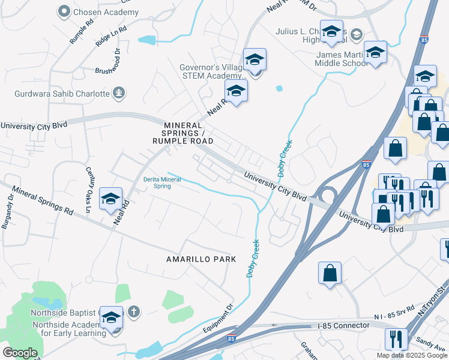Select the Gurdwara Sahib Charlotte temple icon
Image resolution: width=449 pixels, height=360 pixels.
point(119,93)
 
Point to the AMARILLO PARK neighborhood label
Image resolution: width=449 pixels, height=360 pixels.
point(201,259)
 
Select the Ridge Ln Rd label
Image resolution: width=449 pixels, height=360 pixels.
point(111,36)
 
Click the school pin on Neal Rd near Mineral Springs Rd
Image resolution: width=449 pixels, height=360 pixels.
point(110,199)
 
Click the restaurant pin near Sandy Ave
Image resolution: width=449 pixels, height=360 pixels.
point(397,339)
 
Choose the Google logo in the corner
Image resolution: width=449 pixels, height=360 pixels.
point(20,353)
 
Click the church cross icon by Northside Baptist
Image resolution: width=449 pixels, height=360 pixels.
point(134,311)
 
